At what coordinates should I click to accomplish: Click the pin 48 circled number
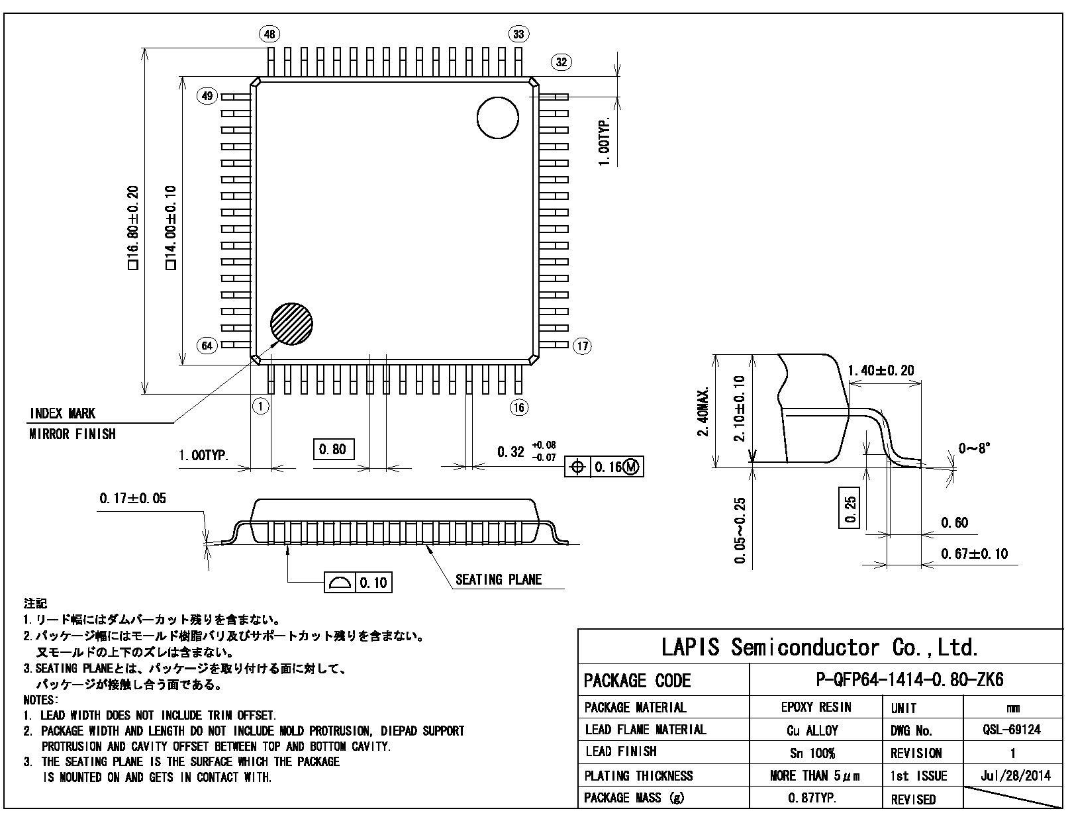click(271, 34)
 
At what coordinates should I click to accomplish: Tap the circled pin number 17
click(582, 346)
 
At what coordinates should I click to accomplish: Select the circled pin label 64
click(207, 346)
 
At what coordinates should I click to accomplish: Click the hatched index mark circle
click(291, 324)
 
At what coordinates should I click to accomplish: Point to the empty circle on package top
click(497, 118)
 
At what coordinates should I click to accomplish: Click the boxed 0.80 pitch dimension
click(333, 450)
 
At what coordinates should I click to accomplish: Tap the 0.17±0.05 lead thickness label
click(132, 499)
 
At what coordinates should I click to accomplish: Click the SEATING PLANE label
click(499, 580)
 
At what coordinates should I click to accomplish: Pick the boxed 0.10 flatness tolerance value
click(373, 583)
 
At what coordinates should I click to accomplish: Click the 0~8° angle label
click(975, 448)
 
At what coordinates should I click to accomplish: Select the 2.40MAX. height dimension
click(703, 412)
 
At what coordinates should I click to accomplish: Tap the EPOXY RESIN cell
click(816, 707)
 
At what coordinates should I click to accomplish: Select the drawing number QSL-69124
click(1012, 730)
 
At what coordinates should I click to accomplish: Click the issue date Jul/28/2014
click(1012, 775)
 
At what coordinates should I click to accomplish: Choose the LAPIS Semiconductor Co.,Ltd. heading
click(820, 647)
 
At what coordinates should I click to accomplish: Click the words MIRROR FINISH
click(73, 434)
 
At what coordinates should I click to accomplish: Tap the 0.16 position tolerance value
click(607, 467)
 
